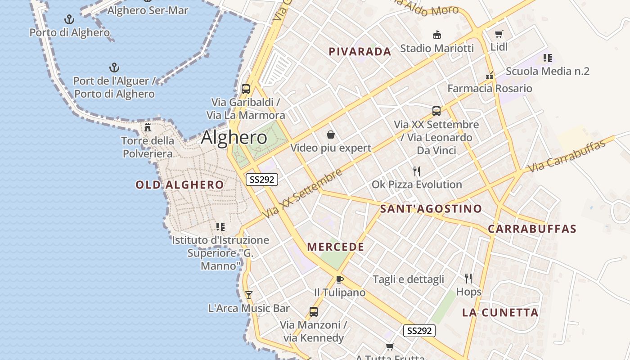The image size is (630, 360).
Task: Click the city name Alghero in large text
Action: [234, 137]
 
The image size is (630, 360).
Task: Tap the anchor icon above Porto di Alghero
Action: [69, 19]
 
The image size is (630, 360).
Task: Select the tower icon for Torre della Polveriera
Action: [148, 127]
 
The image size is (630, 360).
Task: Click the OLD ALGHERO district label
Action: [180, 184]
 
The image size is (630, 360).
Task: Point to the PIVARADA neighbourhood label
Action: [360, 52]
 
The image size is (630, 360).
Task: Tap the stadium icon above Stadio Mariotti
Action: [436, 35]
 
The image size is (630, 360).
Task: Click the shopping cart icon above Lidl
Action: [499, 34]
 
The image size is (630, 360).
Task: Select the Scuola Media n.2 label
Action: [547, 71]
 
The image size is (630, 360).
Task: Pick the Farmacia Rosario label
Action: [490, 88]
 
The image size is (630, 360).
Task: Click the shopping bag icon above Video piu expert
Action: [331, 135]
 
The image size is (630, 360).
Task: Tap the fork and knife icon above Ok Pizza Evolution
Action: [417, 171]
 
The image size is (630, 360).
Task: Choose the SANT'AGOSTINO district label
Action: [431, 209]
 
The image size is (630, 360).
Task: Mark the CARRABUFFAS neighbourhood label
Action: [532, 229]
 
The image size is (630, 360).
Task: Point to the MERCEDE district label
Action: [336, 247]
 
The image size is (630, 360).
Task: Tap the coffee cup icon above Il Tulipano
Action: [340, 279]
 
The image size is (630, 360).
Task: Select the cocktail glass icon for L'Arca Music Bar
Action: [248, 295]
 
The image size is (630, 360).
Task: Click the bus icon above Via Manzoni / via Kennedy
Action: [313, 311]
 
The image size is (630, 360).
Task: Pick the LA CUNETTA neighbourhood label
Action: [500, 312]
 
